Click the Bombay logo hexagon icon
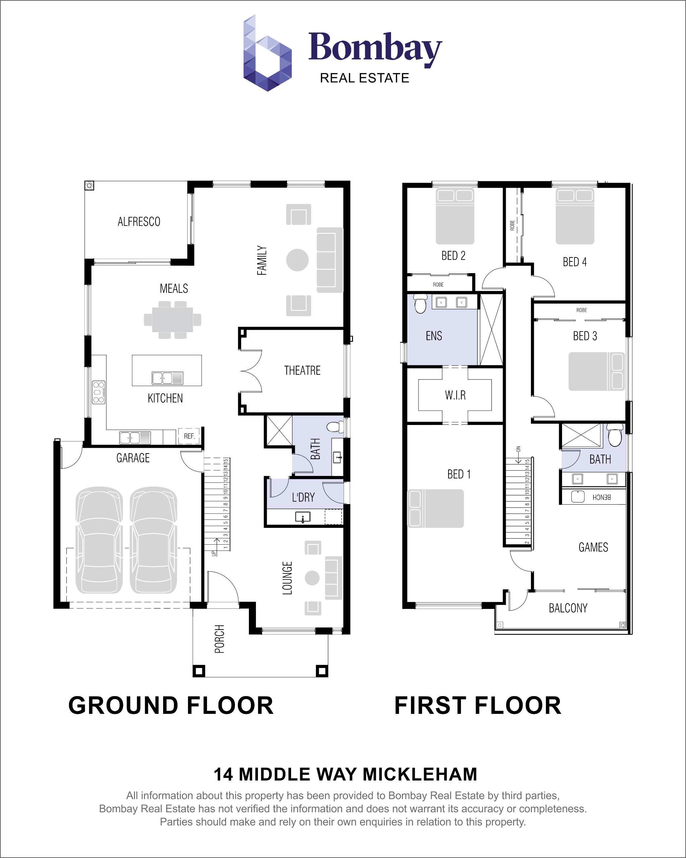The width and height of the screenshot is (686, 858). click(x=267, y=54)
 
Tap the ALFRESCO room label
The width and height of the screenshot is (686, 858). click(x=139, y=222)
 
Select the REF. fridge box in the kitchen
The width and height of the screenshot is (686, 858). click(x=189, y=436)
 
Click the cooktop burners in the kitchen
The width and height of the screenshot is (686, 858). click(x=98, y=392)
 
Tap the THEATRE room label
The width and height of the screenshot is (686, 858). click(x=302, y=370)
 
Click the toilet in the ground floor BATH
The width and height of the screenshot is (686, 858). click(x=335, y=427)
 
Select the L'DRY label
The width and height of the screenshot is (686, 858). click(x=303, y=497)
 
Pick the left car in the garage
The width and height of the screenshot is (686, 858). click(x=99, y=540)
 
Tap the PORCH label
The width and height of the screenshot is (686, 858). click(x=219, y=639)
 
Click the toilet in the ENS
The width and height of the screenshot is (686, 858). click(x=420, y=304)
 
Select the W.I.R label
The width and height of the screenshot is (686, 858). click(x=455, y=395)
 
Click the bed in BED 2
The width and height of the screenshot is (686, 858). click(x=455, y=216)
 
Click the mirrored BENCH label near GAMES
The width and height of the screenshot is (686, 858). click(x=601, y=497)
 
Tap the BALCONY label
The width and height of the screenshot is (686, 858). click(x=568, y=608)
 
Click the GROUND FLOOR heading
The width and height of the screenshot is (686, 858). click(x=171, y=706)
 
